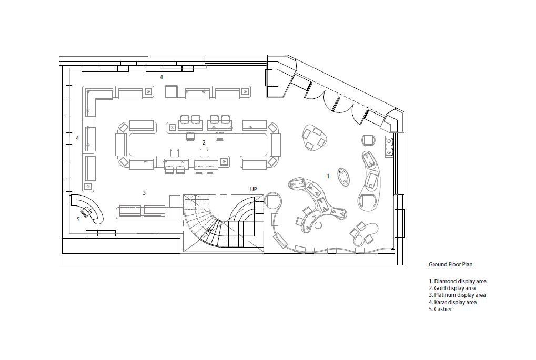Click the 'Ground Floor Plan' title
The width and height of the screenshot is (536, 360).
pyautogui.click(x=451, y=264)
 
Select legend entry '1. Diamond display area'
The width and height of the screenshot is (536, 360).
pyautogui.click(x=458, y=282)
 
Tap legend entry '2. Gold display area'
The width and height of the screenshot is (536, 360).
pyautogui.click(x=452, y=289)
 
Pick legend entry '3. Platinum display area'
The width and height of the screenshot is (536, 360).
pyautogui.click(x=457, y=295)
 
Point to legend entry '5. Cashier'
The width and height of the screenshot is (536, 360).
pyautogui.click(x=440, y=309)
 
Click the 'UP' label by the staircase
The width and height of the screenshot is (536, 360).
pyautogui.click(x=254, y=189)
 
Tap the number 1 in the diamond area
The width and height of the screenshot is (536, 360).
pyautogui.click(x=328, y=176)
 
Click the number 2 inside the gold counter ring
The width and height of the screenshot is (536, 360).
pyautogui.click(x=204, y=142)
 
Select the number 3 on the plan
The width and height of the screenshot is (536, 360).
pyautogui.click(x=144, y=193)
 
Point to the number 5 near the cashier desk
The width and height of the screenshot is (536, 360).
pyautogui.click(x=78, y=219)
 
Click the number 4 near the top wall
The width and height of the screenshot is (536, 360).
pyautogui.click(x=161, y=78)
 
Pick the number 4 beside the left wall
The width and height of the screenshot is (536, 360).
pyautogui.click(x=77, y=138)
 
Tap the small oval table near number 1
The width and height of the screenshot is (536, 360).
pyautogui.click(x=343, y=177)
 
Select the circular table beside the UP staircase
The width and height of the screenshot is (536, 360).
pyautogui.click(x=272, y=201)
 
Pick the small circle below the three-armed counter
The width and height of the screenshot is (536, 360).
pyautogui.click(x=319, y=225)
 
